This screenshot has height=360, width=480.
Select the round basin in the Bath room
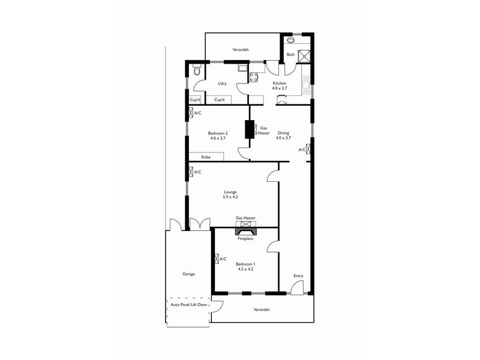click(x=290, y=40)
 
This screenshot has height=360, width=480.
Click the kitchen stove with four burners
click(x=253, y=77)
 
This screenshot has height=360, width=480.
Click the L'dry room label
click(x=222, y=83)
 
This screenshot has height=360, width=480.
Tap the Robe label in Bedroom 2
click(x=206, y=157)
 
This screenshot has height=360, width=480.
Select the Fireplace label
click(x=245, y=239)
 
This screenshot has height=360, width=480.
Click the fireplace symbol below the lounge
click(x=245, y=229)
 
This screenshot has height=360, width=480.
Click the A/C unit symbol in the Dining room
click(x=309, y=149)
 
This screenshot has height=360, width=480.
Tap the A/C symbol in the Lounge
click(x=191, y=172)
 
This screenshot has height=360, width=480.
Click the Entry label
click(x=298, y=276)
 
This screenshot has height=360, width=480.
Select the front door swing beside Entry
click(x=296, y=289)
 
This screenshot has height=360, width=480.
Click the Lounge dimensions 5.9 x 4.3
click(x=231, y=197)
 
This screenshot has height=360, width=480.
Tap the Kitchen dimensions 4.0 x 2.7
click(x=280, y=88)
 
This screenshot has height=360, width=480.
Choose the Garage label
click(x=188, y=274)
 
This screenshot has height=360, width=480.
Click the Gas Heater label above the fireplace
click(x=245, y=218)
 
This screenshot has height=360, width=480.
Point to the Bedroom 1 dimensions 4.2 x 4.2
click(x=245, y=269)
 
